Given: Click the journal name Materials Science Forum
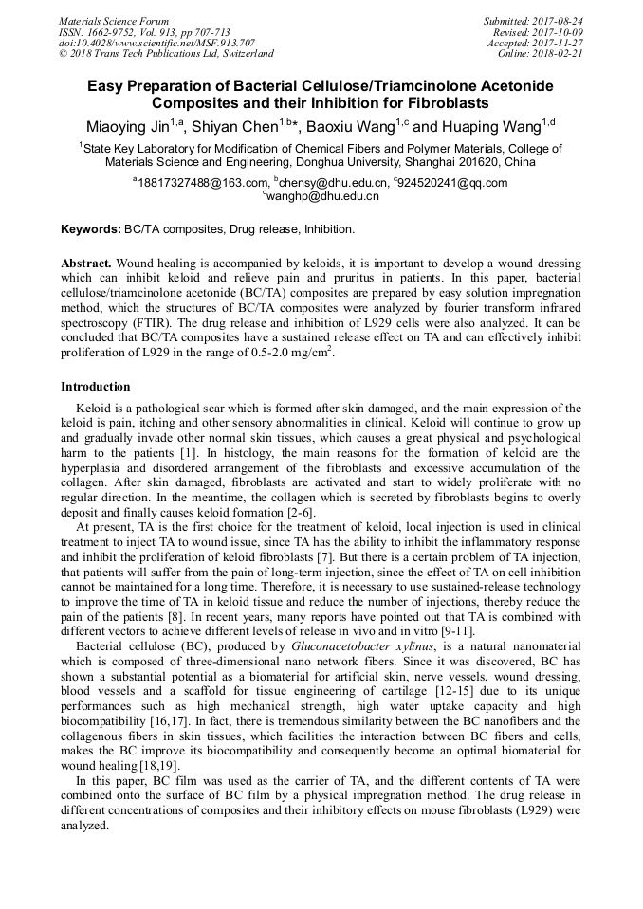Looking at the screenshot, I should [114, 21].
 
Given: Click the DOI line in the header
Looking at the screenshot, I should [156, 43].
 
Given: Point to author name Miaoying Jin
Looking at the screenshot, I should [121, 128].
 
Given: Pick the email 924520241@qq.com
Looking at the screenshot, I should [455, 183].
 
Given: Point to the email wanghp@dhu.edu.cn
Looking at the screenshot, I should [322, 196].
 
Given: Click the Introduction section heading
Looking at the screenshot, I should [95, 387].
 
